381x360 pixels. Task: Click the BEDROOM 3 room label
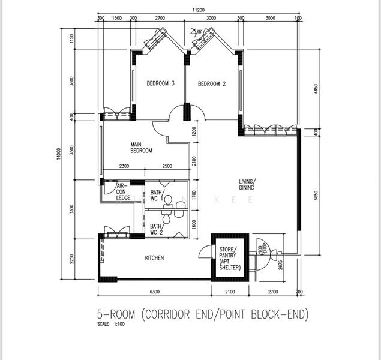pyautogui.click(x=160, y=83)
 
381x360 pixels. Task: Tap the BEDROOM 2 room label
pyautogui.click(x=211, y=83)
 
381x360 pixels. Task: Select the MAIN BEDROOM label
pyautogui.click(x=142, y=148)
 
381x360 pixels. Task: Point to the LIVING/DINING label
pyautogui.click(x=247, y=184)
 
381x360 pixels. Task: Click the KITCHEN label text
pyautogui.click(x=155, y=258)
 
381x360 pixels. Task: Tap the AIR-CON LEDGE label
pyautogui.click(x=124, y=191)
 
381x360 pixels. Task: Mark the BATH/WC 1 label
pyautogui.click(x=157, y=196)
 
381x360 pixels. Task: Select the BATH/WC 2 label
pyautogui.click(x=157, y=229)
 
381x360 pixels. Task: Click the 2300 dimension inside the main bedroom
pyautogui.click(x=124, y=166)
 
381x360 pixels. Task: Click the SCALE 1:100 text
pyautogui.click(x=113, y=325)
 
